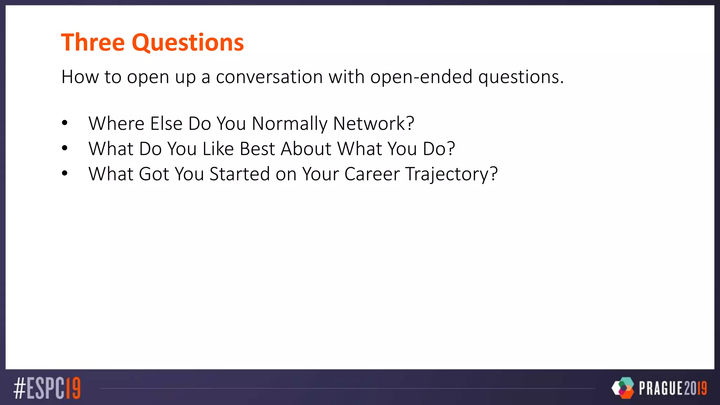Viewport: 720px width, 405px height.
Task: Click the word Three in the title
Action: coord(93,43)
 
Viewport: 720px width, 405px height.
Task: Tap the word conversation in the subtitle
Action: coord(269,77)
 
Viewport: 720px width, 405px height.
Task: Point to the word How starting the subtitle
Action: coord(80,77)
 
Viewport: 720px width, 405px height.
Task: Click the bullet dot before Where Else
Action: coord(65,123)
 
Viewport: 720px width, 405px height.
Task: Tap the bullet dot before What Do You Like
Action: coord(65,148)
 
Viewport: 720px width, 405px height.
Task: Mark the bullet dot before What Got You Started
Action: coord(65,173)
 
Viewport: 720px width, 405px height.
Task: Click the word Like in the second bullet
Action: coord(218,149)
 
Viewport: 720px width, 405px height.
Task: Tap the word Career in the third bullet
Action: coord(372,174)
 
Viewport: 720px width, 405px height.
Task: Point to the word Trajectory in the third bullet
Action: coord(451,175)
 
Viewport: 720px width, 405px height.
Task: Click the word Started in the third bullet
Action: coord(239,174)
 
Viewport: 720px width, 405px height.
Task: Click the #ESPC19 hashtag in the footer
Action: coord(47,388)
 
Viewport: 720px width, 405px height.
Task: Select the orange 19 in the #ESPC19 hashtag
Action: coord(73,388)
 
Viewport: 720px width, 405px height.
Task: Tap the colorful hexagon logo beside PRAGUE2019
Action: coord(623,388)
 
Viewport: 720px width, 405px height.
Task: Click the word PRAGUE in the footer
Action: coord(661,388)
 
